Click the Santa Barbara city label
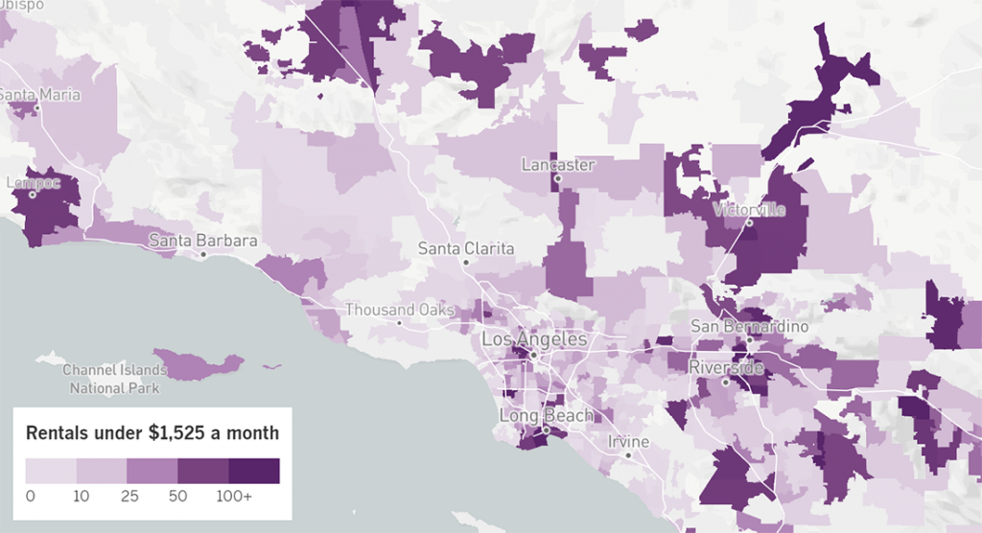[202, 241]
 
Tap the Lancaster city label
[558, 165]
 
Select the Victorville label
[749, 210]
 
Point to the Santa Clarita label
[466, 248]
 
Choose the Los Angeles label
[534, 339]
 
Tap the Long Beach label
[545, 415]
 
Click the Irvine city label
[628, 442]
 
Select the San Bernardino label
[750, 327]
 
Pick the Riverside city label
[726, 367]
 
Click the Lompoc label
[33, 182]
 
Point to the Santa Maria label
[39, 95]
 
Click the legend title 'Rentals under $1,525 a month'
[152, 433]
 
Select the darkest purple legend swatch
[254, 471]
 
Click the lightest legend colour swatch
[51, 471]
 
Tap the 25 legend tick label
[128, 497]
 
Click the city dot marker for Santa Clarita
[466, 262]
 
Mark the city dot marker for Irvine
[628, 454]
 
